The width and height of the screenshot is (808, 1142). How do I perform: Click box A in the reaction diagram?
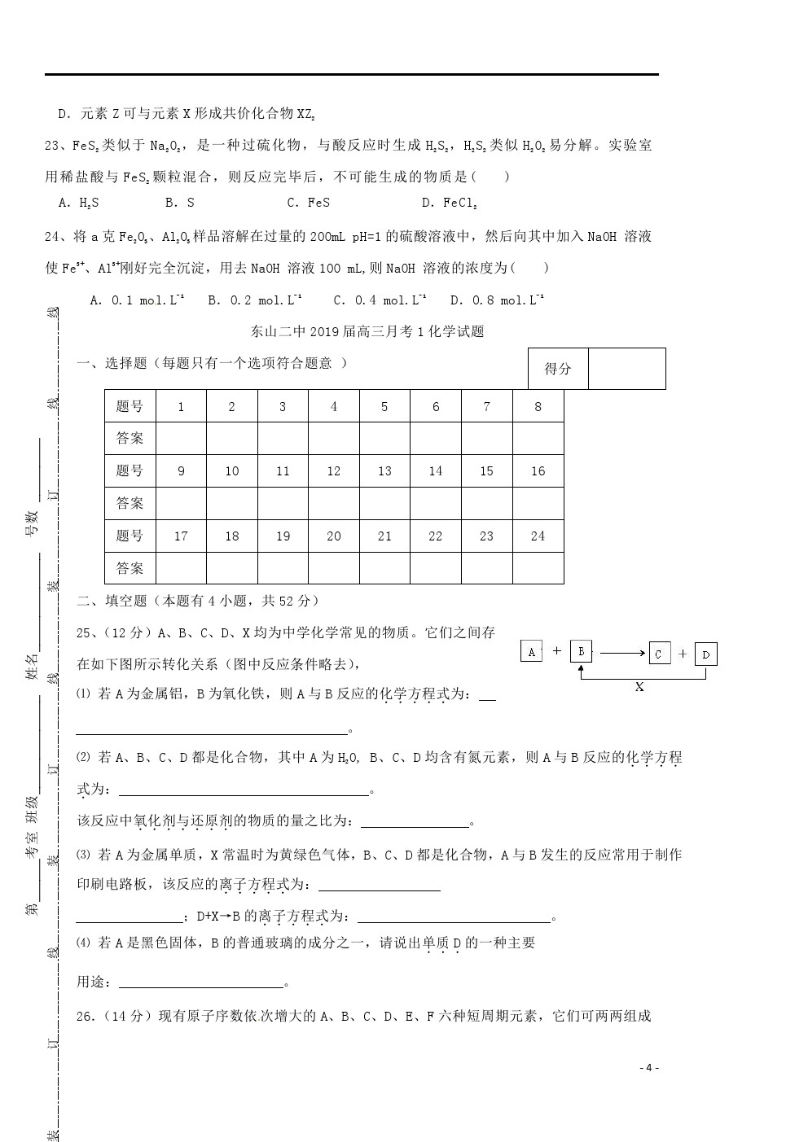tap(531, 651)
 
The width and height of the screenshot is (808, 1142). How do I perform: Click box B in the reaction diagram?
tap(581, 651)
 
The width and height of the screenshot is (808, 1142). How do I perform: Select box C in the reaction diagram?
tap(659, 654)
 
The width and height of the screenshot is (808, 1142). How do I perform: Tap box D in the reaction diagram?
tap(706, 654)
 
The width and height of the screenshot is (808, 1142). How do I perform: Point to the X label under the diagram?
tap(639, 687)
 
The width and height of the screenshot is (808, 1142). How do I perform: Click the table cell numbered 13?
tap(384, 470)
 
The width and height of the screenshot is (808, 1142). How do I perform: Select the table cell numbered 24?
tap(538, 536)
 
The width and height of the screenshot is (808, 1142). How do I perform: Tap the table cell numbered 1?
tap(181, 406)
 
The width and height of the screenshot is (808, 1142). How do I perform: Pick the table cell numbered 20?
tap(334, 536)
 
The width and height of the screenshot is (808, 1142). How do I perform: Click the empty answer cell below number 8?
tap(538, 438)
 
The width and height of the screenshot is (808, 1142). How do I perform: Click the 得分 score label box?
tap(558, 369)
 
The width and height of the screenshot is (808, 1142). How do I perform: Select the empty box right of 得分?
tap(626, 369)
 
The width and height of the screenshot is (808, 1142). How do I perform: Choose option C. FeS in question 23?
tap(308, 203)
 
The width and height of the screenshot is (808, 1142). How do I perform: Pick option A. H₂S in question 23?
tap(79, 203)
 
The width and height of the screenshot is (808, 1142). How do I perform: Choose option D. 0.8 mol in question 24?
tap(497, 300)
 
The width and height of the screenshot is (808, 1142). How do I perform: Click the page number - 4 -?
tap(648, 1068)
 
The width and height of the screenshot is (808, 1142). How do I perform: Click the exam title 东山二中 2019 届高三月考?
tap(367, 331)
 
